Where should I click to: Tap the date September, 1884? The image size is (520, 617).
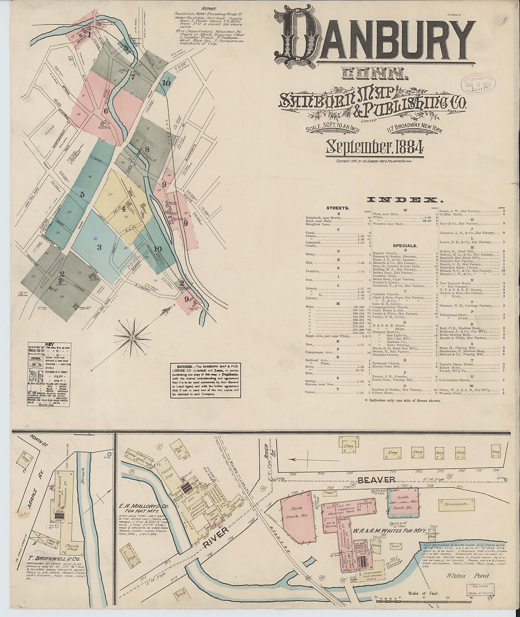374,148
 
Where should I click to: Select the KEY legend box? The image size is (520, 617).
49,374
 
